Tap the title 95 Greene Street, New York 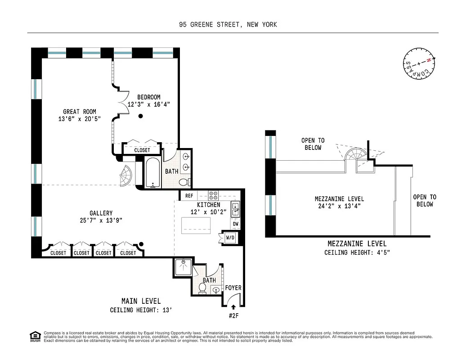(228, 25)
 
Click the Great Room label (79, 112)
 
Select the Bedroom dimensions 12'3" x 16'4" (148, 104)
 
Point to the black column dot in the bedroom (141, 116)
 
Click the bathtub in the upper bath (153, 172)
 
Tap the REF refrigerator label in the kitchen (189, 196)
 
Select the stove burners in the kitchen (213, 196)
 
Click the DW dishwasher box (236, 224)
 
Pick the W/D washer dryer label (229, 237)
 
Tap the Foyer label (233, 288)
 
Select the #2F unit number (233, 315)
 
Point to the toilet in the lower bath (202, 288)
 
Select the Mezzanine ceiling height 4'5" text (357, 252)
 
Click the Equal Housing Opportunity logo (34, 336)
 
